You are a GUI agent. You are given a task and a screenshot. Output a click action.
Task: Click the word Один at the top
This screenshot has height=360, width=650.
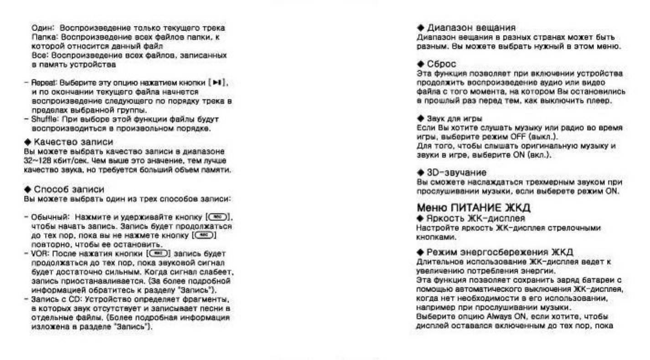pyautogui.click(x=39, y=28)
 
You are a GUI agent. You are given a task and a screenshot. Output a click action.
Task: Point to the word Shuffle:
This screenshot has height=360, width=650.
pyautogui.click(x=41, y=119)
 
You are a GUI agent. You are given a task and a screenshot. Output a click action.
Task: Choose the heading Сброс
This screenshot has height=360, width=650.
pyautogui.click(x=441, y=65)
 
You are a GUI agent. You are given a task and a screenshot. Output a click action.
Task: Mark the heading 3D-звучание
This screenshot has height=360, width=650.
pyautogui.click(x=456, y=173)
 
